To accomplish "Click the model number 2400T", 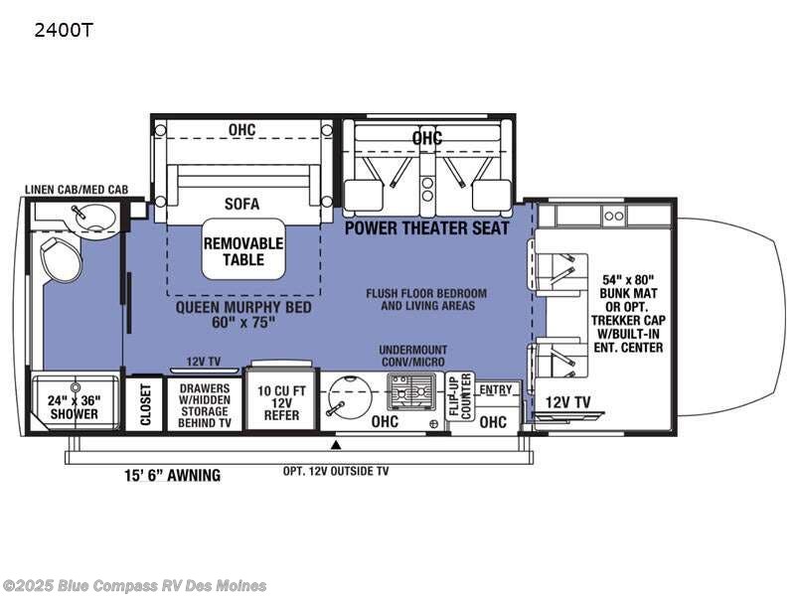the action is (x=64, y=31).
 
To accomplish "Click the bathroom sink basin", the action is (x=93, y=219).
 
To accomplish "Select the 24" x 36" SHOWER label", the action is (x=74, y=407).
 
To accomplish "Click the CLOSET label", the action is (x=145, y=404).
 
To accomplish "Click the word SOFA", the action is (x=241, y=204).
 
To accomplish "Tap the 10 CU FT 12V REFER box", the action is (x=281, y=402).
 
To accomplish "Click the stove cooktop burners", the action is (x=411, y=391).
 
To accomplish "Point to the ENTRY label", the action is (x=496, y=389).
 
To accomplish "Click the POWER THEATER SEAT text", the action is (x=427, y=228).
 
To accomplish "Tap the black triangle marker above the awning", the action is (x=335, y=445).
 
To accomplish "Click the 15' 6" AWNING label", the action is (x=172, y=476).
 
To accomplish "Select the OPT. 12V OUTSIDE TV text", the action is (x=336, y=471).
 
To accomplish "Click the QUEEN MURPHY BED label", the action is (x=243, y=314).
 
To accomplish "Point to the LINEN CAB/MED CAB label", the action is (x=77, y=190).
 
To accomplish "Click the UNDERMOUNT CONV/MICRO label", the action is (x=413, y=356).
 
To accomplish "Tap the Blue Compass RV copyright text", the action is (x=133, y=586).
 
